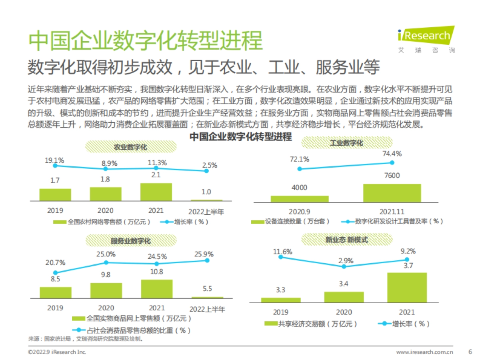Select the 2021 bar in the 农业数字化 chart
156,192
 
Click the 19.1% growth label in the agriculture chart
54,160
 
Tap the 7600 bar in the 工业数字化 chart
392,193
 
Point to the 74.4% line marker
392,162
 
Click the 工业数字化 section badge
346,143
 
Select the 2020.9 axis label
300,210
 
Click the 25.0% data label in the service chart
106,254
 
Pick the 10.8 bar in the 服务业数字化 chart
156,288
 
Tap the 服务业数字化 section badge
131,241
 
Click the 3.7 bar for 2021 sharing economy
406,287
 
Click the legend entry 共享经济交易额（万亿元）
312,324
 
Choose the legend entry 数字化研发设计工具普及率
392,221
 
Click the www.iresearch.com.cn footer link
424,352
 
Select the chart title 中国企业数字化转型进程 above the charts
240,137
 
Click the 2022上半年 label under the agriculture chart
206,211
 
